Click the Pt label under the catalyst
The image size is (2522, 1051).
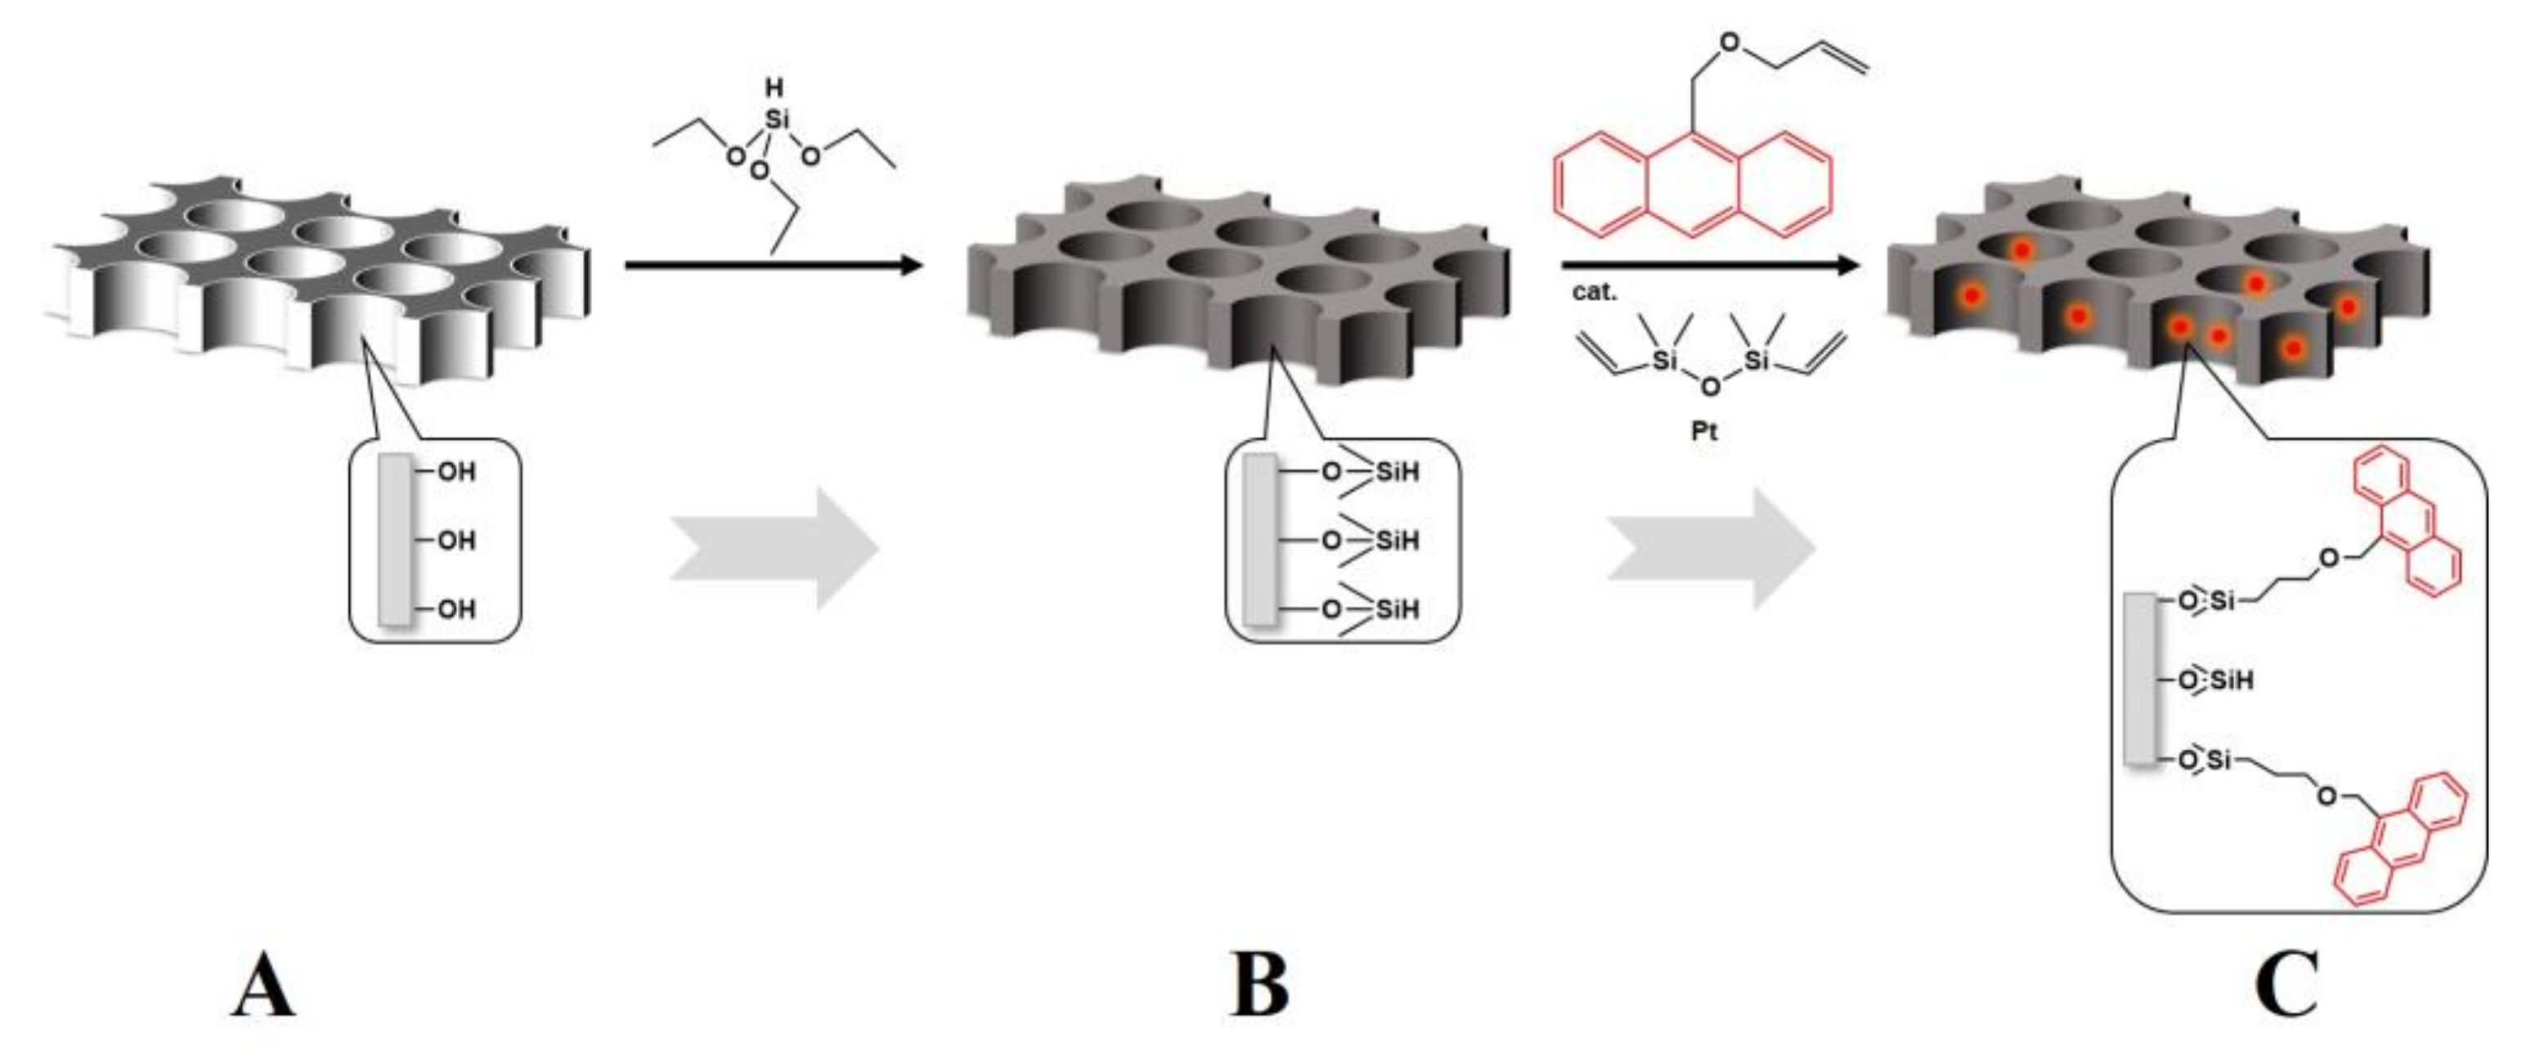pyautogui.click(x=1703, y=431)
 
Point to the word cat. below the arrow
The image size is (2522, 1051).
pyautogui.click(x=1595, y=292)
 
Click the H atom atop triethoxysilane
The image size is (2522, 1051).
pyautogui.click(x=774, y=88)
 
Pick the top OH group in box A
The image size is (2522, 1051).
pyautogui.click(x=455, y=472)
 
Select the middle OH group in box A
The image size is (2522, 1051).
pyautogui.click(x=455, y=541)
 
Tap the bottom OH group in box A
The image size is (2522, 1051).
pyautogui.click(x=455, y=609)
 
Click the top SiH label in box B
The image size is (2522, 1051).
pyautogui.click(x=1397, y=472)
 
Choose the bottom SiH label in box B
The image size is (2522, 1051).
pyautogui.click(x=1397, y=609)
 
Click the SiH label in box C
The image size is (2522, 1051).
pyautogui.click(x=2231, y=680)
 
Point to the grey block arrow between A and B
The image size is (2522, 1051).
pyautogui.click(x=774, y=550)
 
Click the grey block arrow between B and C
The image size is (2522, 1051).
pyautogui.click(x=1712, y=550)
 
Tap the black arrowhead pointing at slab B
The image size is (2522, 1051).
pyautogui.click(x=910, y=264)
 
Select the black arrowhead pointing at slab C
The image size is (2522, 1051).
pyautogui.click(x=1847, y=264)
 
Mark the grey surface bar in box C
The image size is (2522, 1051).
pyautogui.click(x=2141, y=679)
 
